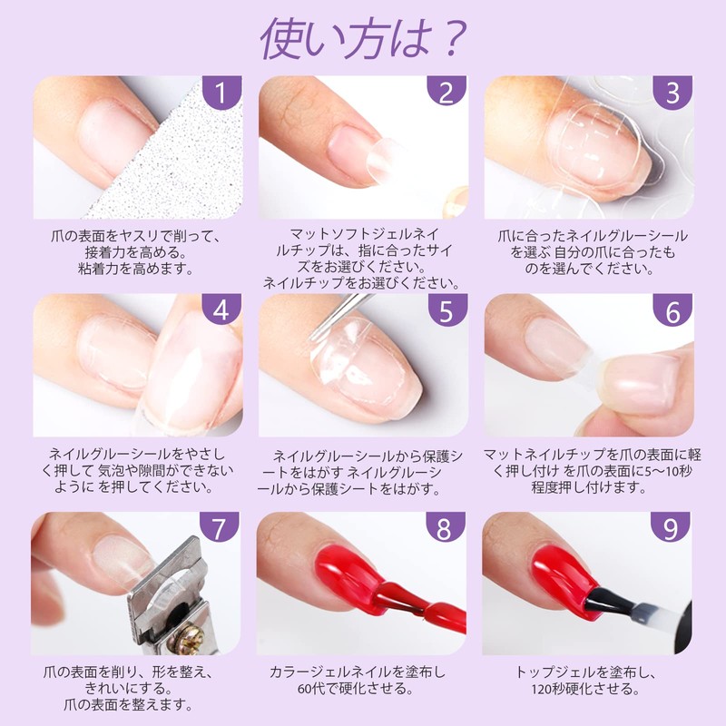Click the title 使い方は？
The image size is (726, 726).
pos(363,38)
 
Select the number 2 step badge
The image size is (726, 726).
pos(446,95)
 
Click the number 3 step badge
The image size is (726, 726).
pos(672,95)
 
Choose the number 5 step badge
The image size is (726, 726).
pos(446,313)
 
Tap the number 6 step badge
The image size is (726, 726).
pos(672,313)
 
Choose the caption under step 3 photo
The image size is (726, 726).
pos(590,252)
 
